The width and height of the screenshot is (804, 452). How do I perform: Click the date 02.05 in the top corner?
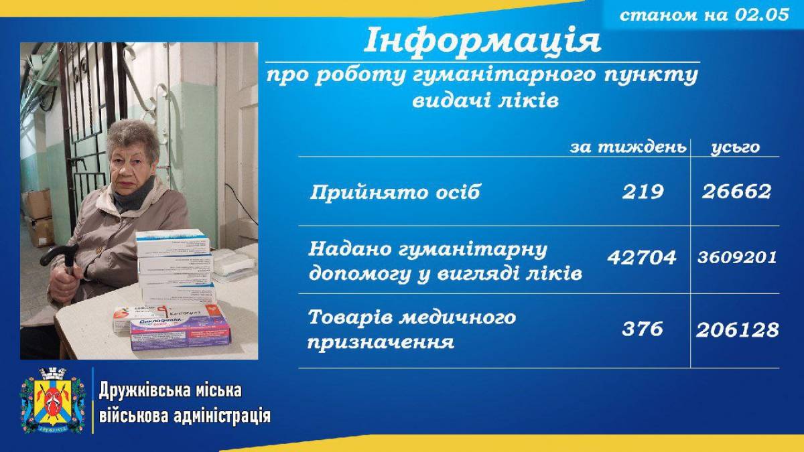tap(762, 15)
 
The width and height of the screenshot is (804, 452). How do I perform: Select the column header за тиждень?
tap(628, 147)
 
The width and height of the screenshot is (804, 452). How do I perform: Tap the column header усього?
tap(736, 148)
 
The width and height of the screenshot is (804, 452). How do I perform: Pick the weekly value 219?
tap(643, 192)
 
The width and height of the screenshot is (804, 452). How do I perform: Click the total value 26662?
tap(736, 192)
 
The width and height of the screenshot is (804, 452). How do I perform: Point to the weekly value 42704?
tap(642, 258)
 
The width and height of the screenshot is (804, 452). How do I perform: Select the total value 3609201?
tap(737, 258)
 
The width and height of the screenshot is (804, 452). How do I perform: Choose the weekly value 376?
tap(643, 329)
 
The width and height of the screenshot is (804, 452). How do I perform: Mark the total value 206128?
tap(738, 330)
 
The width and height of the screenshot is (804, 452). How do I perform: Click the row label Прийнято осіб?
tap(395, 192)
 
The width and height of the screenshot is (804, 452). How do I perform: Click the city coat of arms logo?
tap(53, 400)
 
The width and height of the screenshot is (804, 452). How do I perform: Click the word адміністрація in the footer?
tap(222, 417)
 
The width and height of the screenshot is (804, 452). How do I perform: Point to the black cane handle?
tap(59, 254)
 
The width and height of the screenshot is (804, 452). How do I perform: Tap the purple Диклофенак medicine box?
tap(180, 333)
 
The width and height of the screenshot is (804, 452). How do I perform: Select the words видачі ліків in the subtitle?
tap(485, 101)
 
